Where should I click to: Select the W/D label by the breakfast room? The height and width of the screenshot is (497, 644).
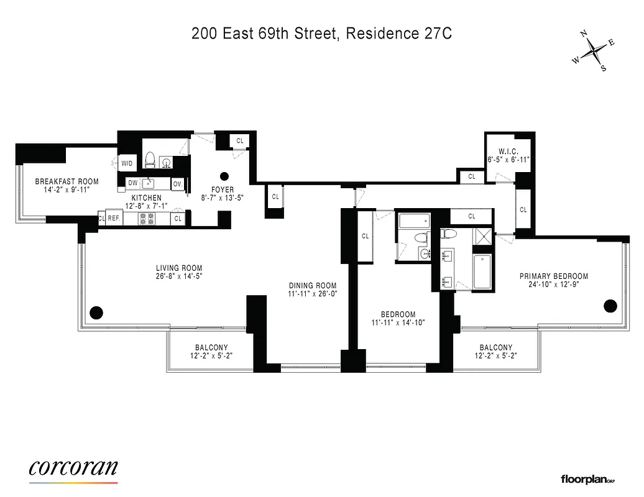127,163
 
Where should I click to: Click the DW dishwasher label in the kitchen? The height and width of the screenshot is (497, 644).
132,183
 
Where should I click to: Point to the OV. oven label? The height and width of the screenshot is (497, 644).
177,183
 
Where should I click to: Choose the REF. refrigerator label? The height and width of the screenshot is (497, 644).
114,218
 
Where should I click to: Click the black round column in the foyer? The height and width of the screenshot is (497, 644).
224,176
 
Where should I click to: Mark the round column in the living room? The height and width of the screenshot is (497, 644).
96,312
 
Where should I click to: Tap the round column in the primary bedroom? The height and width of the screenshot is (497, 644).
610,305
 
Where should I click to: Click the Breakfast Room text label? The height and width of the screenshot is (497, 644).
67,181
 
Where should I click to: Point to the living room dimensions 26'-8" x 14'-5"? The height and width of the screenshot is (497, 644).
180,276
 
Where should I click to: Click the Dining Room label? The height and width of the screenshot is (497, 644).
312,286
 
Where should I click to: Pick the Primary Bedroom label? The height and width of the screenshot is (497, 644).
554,276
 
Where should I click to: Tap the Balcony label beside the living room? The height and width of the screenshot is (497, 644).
211,347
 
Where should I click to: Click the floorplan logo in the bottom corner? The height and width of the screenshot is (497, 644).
587,479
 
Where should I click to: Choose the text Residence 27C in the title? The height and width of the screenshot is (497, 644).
398,34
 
